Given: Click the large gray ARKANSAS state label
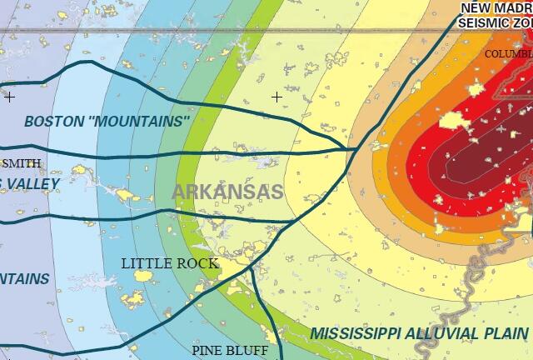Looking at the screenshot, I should (227, 191).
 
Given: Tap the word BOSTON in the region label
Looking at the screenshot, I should (54, 121).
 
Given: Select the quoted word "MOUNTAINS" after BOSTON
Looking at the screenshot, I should (139, 121).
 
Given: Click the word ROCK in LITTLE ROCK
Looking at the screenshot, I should (199, 263).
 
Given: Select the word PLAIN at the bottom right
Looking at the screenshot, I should (506, 333).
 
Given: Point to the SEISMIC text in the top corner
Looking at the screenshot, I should (485, 22).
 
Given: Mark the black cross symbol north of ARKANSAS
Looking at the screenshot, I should (276, 97).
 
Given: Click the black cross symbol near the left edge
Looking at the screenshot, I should (9, 97).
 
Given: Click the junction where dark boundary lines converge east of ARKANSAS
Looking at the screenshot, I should (350, 150).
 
